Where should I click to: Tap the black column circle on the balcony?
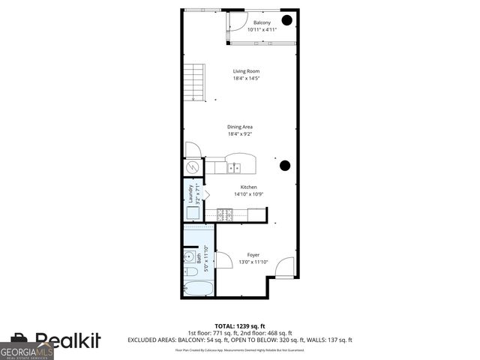point(287,20)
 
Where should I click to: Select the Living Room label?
point(245,71)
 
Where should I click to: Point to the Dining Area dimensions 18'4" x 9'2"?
point(240,134)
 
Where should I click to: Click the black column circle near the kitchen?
point(285,166)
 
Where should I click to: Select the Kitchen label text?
point(248,187)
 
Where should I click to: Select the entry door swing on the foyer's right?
point(285,267)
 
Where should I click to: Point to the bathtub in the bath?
point(199,289)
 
